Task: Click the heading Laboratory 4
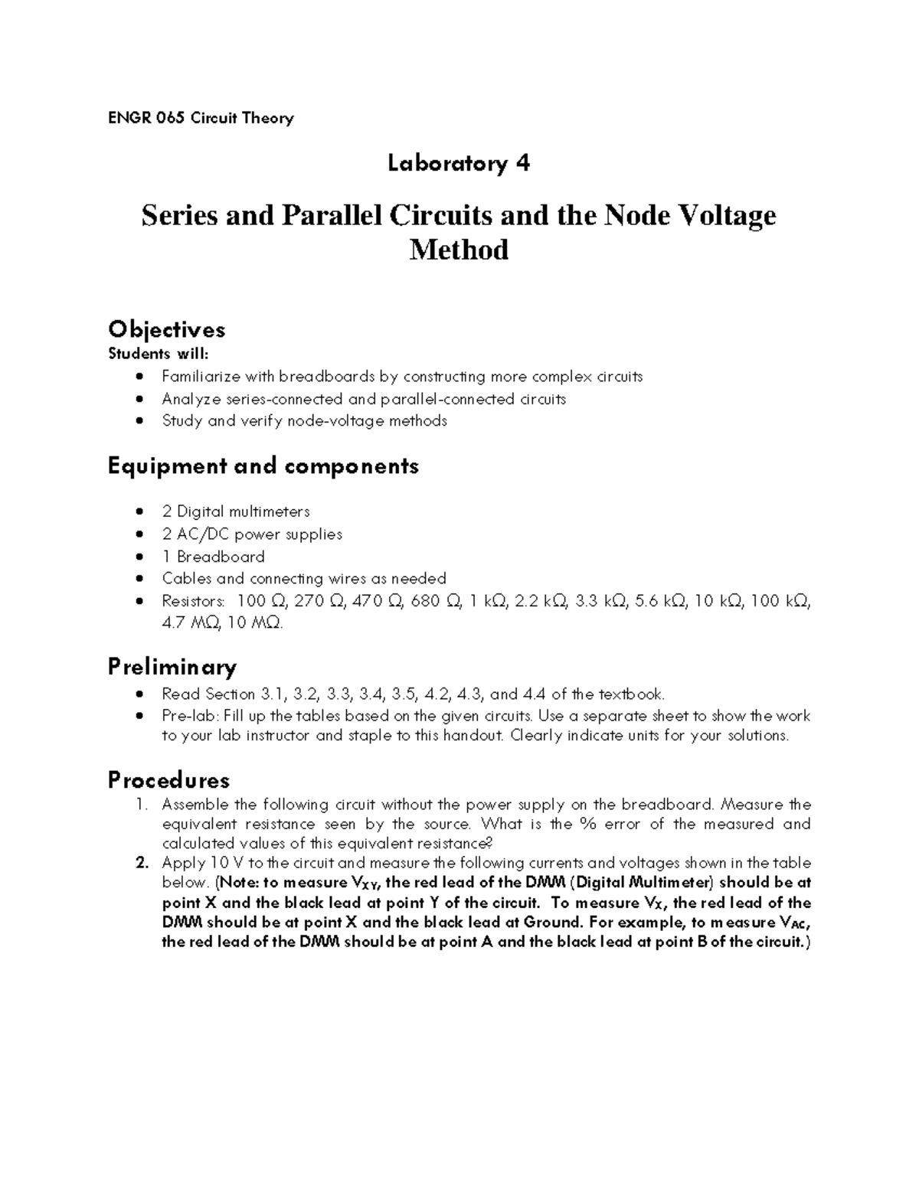pyautogui.click(x=459, y=163)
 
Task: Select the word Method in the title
pyautogui.click(x=459, y=250)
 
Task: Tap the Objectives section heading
pyautogui.click(x=167, y=330)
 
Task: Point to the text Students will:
pyautogui.click(x=158, y=354)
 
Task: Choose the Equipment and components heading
pyautogui.click(x=263, y=466)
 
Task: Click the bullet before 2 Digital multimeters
pyautogui.click(x=138, y=511)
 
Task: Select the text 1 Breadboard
pyautogui.click(x=213, y=557)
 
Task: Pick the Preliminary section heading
pyautogui.click(x=172, y=667)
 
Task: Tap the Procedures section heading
pyautogui.click(x=168, y=781)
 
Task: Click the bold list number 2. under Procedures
pyautogui.click(x=142, y=863)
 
